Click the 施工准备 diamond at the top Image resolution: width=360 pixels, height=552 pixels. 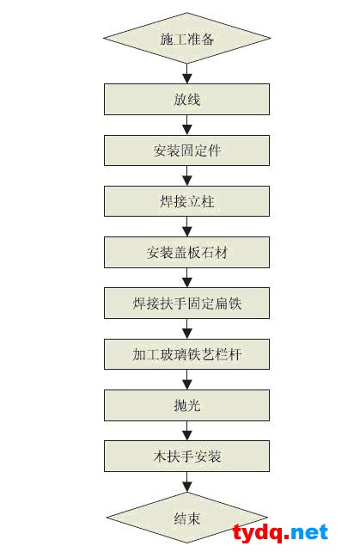(186, 38)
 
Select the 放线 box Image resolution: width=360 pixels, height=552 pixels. (186, 99)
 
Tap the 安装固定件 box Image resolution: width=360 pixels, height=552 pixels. (186, 150)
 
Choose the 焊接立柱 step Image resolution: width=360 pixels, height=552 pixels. (186, 201)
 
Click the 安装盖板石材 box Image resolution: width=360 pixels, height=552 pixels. (186, 252)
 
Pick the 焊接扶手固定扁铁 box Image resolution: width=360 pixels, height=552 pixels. (186, 304)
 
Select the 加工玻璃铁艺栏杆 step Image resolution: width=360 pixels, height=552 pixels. (186, 354)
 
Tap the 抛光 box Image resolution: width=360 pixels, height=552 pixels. (186, 405)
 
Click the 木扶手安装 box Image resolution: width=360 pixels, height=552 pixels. (186, 457)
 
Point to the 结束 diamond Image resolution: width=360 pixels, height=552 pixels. (186, 518)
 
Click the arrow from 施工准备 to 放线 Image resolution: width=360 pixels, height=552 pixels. (186, 74)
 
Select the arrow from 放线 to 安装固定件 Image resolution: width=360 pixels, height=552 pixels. (186, 125)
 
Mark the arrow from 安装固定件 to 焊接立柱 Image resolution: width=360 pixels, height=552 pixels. (186, 175)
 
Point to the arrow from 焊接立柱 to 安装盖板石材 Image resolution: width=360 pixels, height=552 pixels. (186, 226)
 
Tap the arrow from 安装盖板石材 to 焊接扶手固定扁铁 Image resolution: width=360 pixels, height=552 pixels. (186, 278)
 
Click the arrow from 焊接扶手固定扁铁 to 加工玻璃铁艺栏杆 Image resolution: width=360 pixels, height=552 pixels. (186, 328)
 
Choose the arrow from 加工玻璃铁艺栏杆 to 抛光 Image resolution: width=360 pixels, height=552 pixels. (186, 379)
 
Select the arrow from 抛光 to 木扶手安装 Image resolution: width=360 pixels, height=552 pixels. (186, 431)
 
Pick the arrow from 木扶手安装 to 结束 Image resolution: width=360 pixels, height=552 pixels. (186, 482)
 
